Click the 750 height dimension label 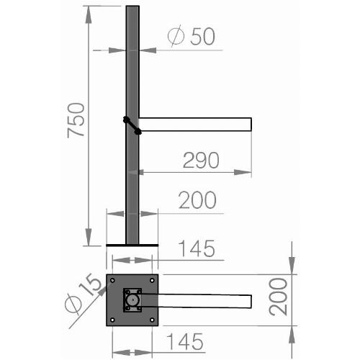pyautogui.click(x=76, y=120)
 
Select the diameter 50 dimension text pyautogui.click(x=192, y=36)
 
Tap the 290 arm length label pyautogui.click(x=201, y=160)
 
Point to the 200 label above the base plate pyautogui.click(x=197, y=199)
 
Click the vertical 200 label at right pyautogui.click(x=278, y=297)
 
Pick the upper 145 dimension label pyautogui.click(x=197, y=248)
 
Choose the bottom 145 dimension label pyautogui.click(x=185, y=341)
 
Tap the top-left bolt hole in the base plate pyautogui.click(x=112, y=280)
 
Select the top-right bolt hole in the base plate pyautogui.click(x=152, y=280)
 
